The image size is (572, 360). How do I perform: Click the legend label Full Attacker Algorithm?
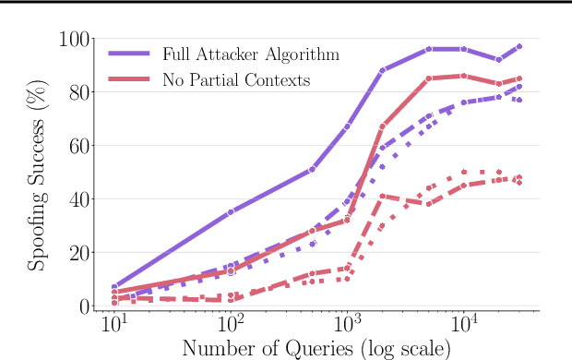pyautogui.click(x=250, y=54)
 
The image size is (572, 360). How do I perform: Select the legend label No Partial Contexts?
pyautogui.click(x=235, y=80)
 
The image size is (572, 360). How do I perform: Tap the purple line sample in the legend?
pyautogui.click(x=128, y=54)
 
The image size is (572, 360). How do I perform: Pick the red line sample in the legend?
pyautogui.click(x=128, y=80)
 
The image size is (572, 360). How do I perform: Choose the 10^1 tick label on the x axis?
pyautogui.click(x=114, y=328)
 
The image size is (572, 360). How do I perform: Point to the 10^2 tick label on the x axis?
pyautogui.click(x=231, y=328)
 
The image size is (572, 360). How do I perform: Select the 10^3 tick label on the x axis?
pyautogui.click(x=348, y=328)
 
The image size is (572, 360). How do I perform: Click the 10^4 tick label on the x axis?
pyautogui.click(x=464, y=328)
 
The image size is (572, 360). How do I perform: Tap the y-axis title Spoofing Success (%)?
pyautogui.click(x=38, y=174)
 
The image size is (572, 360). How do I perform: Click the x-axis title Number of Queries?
pyautogui.click(x=316, y=349)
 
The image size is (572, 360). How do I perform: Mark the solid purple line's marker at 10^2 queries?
pyautogui.click(x=231, y=211)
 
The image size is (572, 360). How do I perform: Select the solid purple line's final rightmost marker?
pyautogui.click(x=519, y=46)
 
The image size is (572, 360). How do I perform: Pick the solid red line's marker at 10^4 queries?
pyautogui.click(x=464, y=76)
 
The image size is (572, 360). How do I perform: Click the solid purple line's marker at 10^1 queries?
pyautogui.click(x=114, y=287)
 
